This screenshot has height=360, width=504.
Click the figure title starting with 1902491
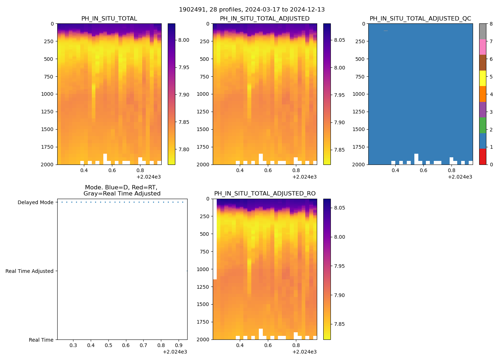coord(252,10)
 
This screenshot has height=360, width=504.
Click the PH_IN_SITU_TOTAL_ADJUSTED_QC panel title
coord(420,19)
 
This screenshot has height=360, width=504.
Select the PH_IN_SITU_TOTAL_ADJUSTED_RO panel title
coord(265,194)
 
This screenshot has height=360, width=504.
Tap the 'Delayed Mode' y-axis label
coord(35,202)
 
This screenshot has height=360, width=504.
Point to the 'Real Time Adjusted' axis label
coord(29,271)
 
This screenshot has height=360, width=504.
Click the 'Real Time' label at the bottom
coord(41,340)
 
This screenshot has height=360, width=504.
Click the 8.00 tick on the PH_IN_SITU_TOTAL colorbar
coord(184,40)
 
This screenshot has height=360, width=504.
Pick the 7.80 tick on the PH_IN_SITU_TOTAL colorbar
coord(184,149)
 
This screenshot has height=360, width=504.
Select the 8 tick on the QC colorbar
coord(491,24)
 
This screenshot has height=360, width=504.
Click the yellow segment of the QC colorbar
coord(482,78)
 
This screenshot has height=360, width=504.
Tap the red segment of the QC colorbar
coord(482,157)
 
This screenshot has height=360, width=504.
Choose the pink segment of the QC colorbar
coord(482,47)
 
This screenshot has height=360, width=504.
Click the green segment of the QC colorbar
coord(482,125)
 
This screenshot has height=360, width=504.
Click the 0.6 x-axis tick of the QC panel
coord(423,170)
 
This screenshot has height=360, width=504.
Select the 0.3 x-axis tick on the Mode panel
coord(73,346)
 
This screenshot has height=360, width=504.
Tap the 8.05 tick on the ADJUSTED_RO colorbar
coord(339,208)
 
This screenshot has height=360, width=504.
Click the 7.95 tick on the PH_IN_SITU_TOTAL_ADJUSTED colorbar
coord(339,95)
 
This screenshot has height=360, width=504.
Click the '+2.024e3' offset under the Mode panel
coord(175,352)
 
